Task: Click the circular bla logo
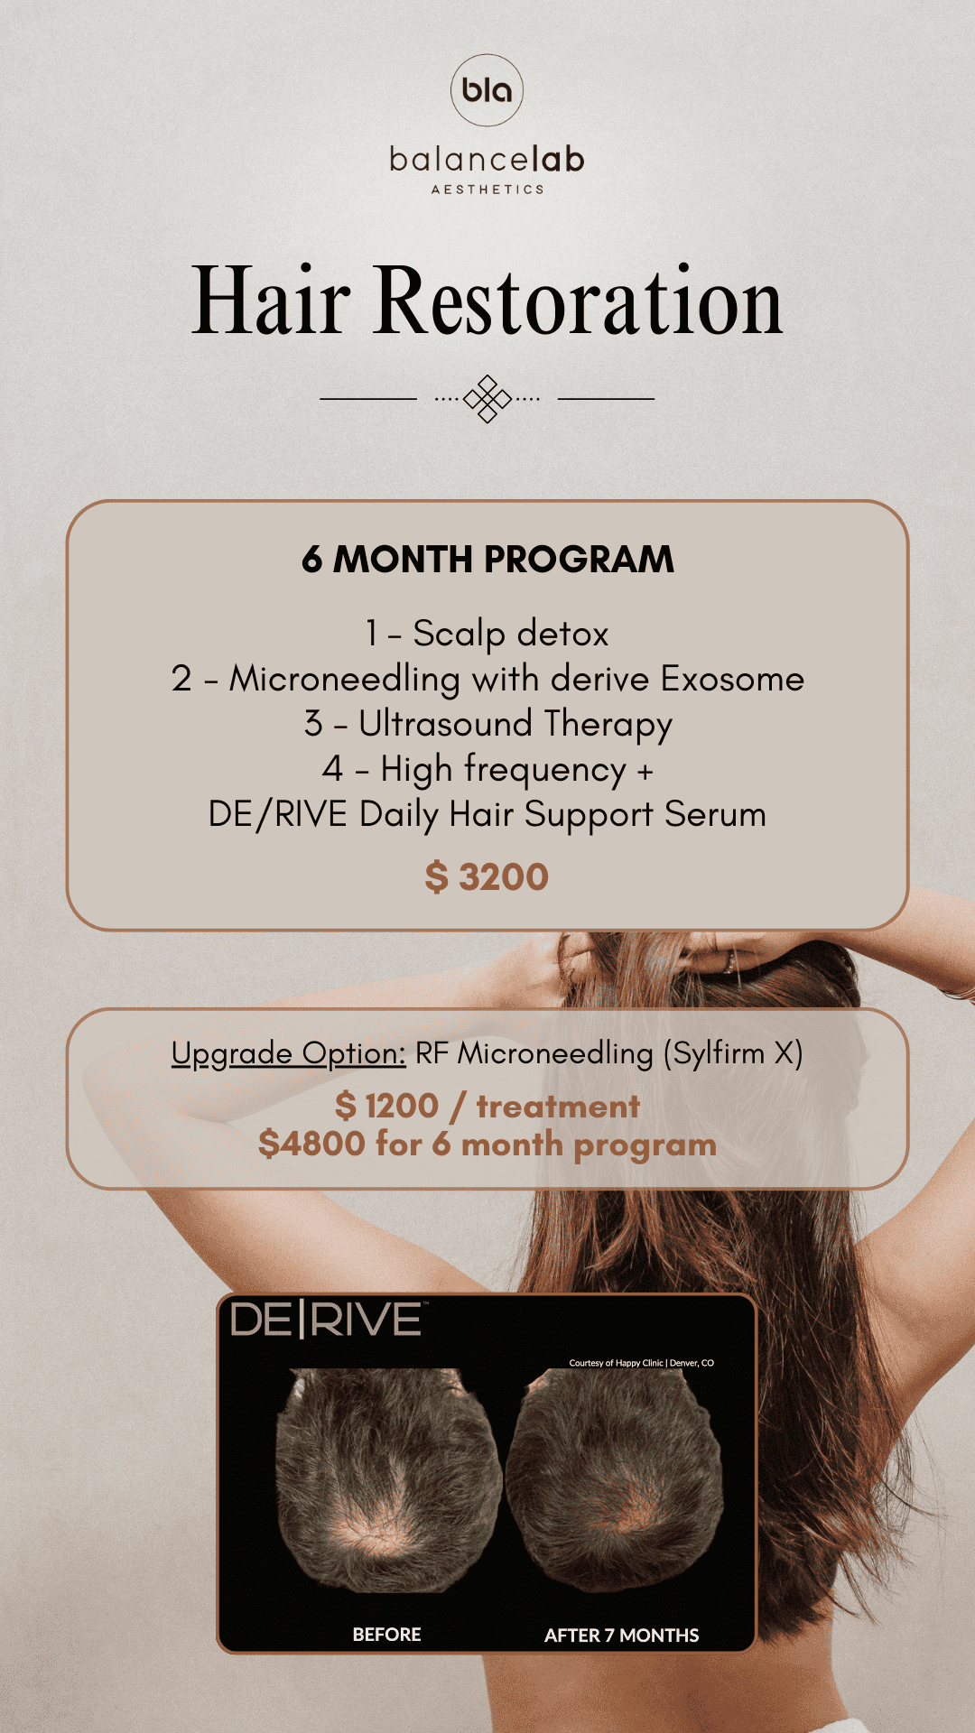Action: point(487,90)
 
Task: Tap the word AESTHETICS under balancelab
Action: point(487,190)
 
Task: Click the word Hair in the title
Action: point(271,301)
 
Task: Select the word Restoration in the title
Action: point(579,301)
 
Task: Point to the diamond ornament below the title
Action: point(487,398)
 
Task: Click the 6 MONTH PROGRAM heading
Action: point(487,560)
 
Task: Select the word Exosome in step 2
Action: point(732,679)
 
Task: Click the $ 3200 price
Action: point(487,877)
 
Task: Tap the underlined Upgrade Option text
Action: point(289,1054)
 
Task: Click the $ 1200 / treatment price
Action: point(487,1107)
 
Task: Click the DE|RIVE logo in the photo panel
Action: point(327,1321)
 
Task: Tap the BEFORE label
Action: point(387,1635)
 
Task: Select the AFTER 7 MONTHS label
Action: point(622,1636)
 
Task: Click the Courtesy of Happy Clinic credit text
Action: point(642,1363)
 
